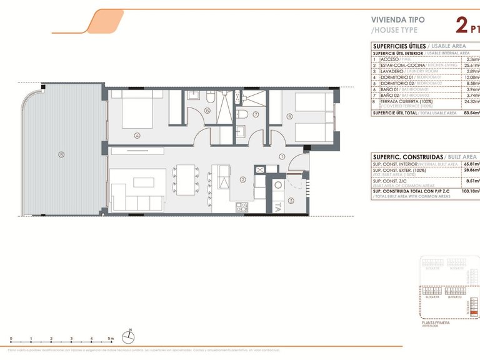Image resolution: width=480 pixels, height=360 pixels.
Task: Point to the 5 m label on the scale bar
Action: coord(111,338)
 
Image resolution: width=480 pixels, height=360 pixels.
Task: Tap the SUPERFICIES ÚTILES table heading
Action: coord(399,46)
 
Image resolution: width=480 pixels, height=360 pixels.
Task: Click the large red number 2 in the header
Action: coord(462,26)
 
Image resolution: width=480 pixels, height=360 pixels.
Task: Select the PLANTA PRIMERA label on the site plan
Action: coord(436,322)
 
